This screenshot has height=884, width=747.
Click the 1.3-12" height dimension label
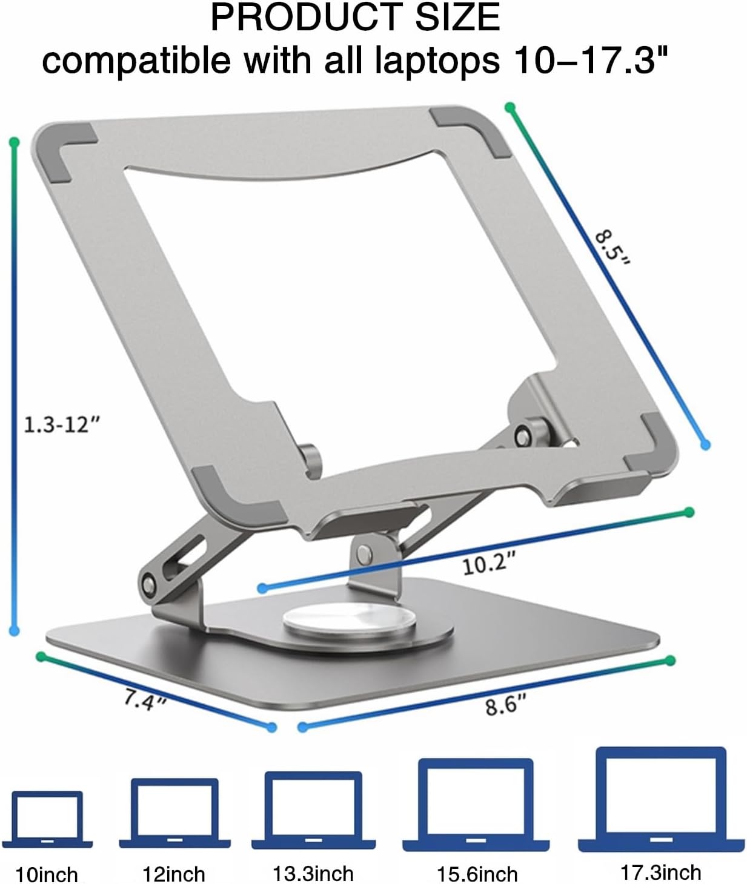(x=62, y=424)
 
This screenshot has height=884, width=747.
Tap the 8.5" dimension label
(x=613, y=248)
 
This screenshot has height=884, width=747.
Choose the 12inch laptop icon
(x=174, y=813)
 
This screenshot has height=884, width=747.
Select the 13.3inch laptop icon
(x=314, y=810)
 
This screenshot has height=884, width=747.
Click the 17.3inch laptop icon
(x=661, y=799)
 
